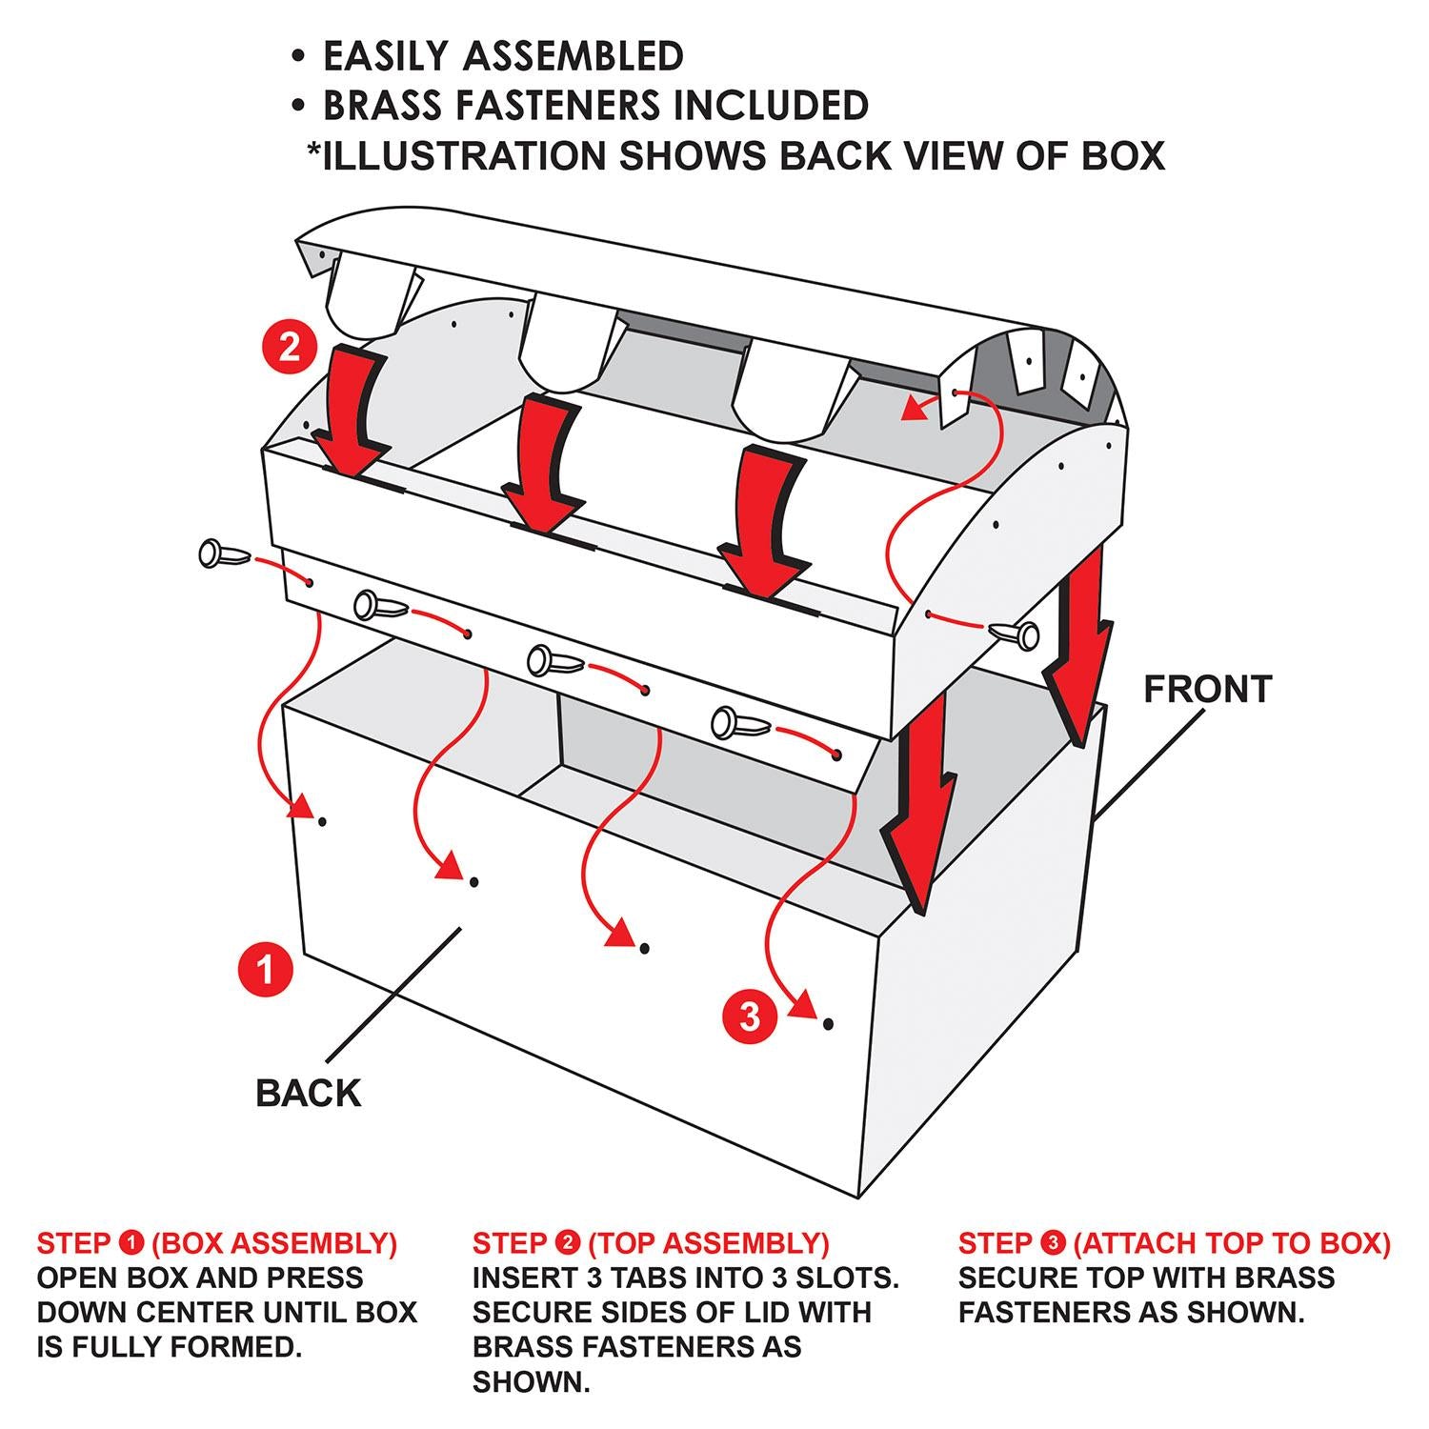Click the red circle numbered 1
tap(266, 969)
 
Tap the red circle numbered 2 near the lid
tap(289, 347)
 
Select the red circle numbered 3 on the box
tap(750, 1016)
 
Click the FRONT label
tap(1207, 689)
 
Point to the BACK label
tap(309, 1093)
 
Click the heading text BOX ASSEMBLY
tap(274, 1243)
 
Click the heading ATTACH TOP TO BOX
tap(1232, 1243)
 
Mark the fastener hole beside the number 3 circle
tap(829, 1023)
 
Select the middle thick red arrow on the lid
tap(542, 464)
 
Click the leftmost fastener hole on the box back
tap(324, 820)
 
